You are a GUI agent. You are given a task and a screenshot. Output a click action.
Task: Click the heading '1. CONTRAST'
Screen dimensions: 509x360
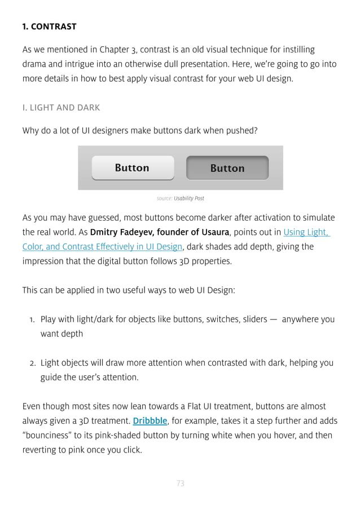click(x=49, y=27)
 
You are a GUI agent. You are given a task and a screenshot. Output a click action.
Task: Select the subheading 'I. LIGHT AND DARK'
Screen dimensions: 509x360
click(x=61, y=107)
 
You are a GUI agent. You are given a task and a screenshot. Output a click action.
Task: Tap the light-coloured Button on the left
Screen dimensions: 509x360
click(x=133, y=168)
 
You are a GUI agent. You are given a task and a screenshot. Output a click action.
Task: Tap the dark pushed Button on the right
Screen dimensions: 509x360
click(x=227, y=168)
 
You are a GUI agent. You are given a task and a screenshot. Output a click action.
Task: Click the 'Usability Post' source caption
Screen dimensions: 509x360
click(x=189, y=199)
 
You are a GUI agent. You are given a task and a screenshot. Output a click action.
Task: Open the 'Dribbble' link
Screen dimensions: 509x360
click(x=150, y=420)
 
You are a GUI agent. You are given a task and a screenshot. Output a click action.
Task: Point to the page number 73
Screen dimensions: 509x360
click(x=181, y=483)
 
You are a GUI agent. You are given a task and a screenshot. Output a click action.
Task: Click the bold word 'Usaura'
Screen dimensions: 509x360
click(x=215, y=232)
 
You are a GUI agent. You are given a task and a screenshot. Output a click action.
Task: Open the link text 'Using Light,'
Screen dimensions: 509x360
click(x=306, y=232)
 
